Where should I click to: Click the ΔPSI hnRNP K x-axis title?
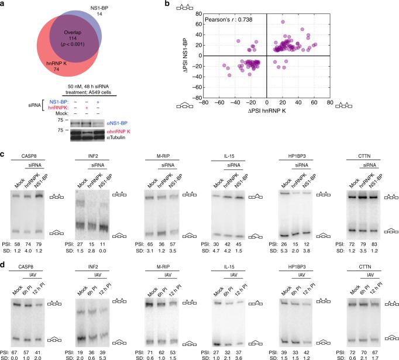click(267, 110)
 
